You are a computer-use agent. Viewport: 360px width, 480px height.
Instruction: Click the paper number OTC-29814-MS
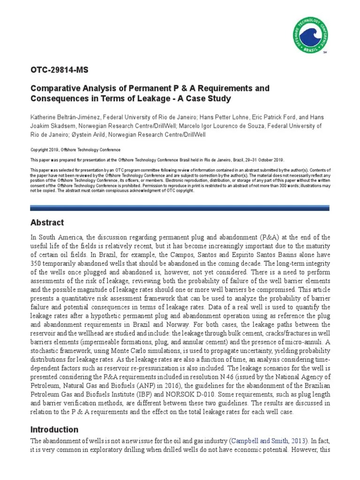click(x=59, y=70)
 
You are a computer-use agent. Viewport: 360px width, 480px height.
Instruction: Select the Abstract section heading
click(x=47, y=223)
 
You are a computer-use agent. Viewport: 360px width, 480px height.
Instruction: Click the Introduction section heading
click(x=54, y=429)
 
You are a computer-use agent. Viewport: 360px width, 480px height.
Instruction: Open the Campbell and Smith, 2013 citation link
click(x=268, y=441)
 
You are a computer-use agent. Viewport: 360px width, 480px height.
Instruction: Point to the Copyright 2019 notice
click(x=75, y=150)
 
